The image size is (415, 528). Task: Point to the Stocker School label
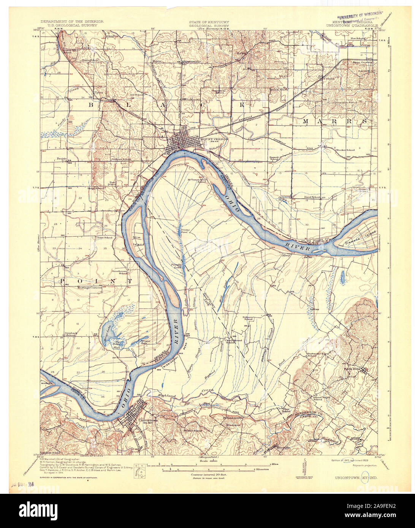pyautogui.click(x=345, y=150)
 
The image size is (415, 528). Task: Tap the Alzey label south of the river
pyautogui.click(x=286, y=255)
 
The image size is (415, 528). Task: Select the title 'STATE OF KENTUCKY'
pyautogui.click(x=206, y=22)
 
